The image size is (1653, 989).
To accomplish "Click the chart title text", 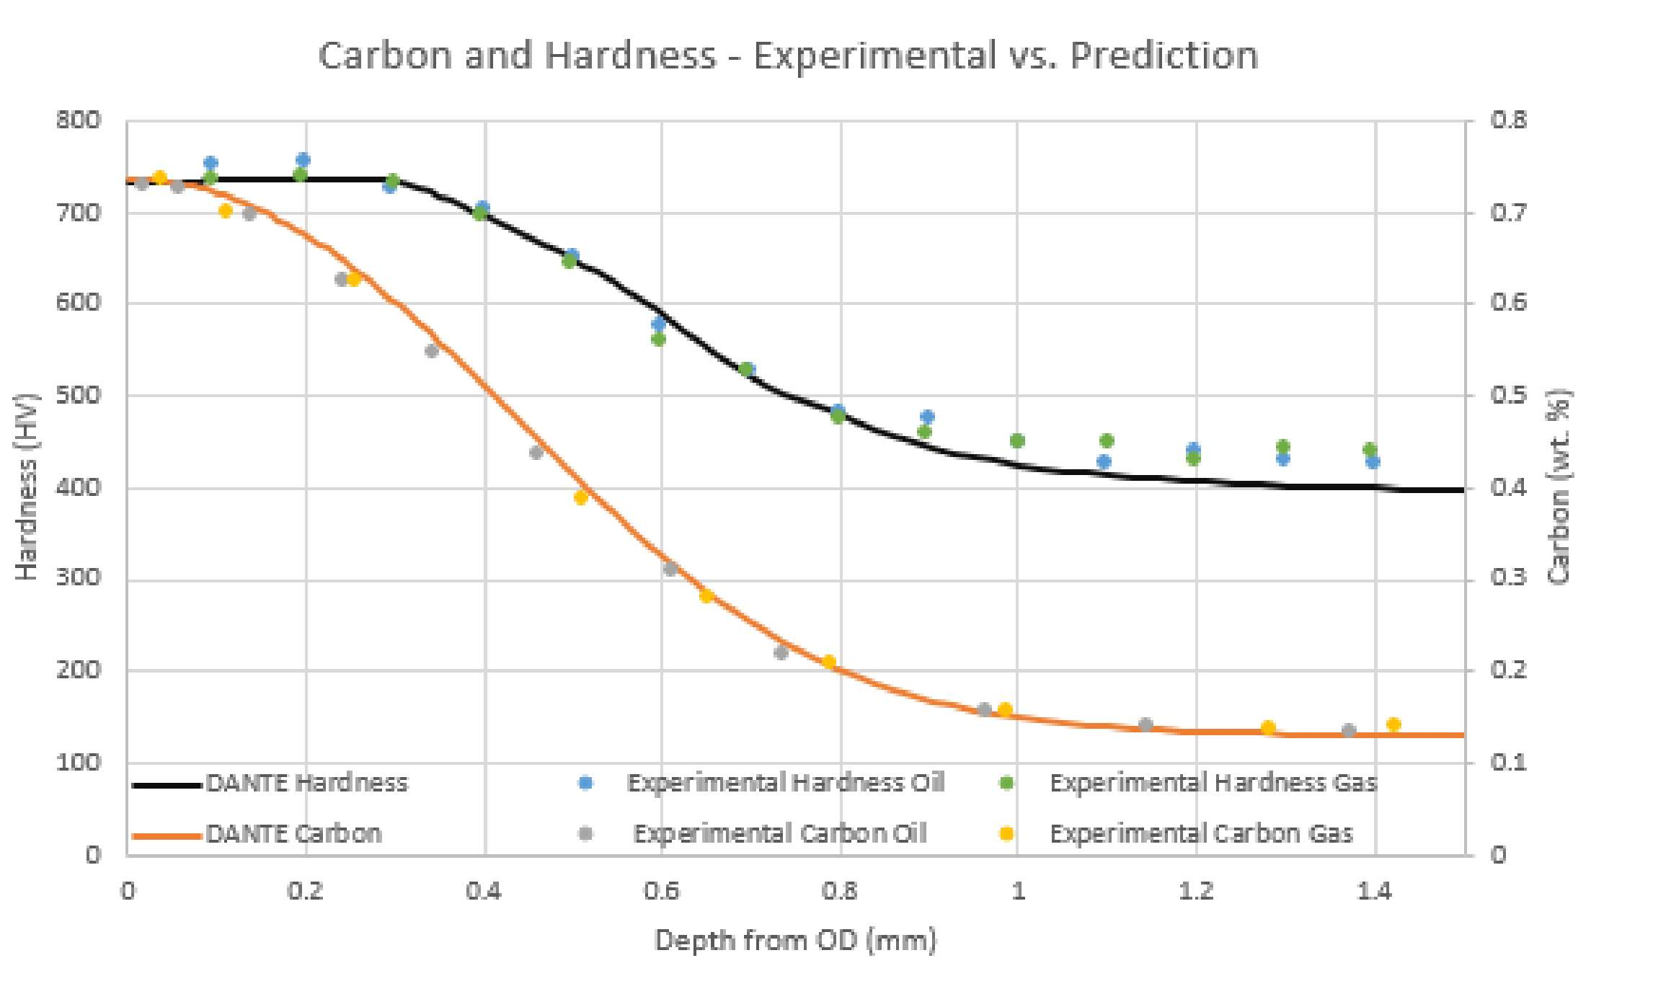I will [x=788, y=56].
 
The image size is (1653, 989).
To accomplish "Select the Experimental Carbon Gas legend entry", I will [x=1200, y=834].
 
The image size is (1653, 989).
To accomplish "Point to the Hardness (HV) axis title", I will [x=26, y=487].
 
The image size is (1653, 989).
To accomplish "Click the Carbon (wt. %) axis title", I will [x=1559, y=487].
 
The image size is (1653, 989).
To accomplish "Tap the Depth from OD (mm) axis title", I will [x=795, y=941].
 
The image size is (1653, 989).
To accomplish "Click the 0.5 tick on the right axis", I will [x=1509, y=395].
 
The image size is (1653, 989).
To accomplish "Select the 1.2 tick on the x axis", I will [x=1196, y=892].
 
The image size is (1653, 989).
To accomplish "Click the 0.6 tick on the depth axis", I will [x=661, y=892].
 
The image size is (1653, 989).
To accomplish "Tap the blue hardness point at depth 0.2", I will [x=303, y=160].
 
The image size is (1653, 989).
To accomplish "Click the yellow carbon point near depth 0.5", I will [x=581, y=497].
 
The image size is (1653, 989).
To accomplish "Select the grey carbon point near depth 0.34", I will [x=431, y=351].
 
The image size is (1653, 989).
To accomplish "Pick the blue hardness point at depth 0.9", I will [x=927, y=417].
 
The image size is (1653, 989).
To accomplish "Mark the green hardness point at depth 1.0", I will [x=1017, y=440].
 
